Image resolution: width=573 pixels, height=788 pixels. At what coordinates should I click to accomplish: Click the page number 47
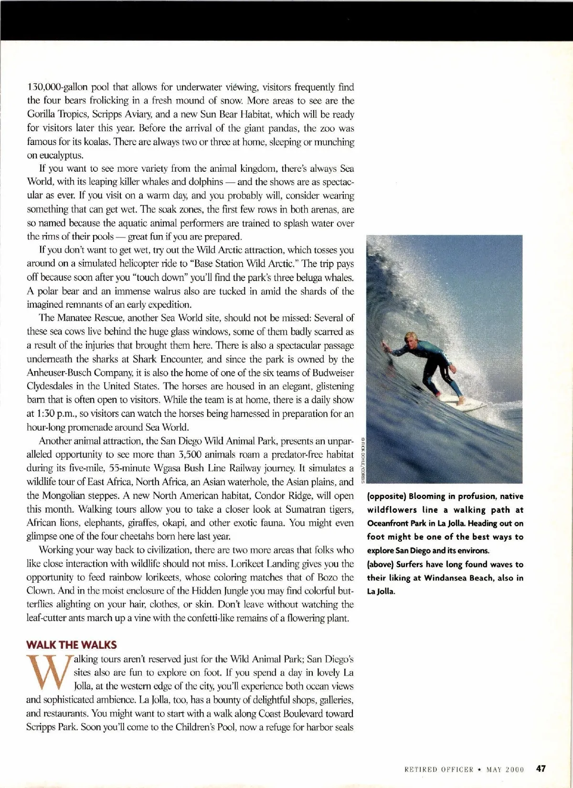pos(541,768)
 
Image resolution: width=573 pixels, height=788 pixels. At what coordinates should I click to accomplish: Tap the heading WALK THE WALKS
pos(72,645)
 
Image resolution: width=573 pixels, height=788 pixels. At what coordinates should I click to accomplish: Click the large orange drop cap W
pos(48,674)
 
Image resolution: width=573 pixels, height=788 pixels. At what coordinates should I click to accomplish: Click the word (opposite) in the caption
pos(386,496)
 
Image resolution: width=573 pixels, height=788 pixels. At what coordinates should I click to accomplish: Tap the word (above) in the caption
pos(381,564)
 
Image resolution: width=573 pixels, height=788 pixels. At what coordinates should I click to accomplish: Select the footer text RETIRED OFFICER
pos(438,769)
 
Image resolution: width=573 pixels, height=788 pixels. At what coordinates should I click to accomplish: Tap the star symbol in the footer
pos(479,769)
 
